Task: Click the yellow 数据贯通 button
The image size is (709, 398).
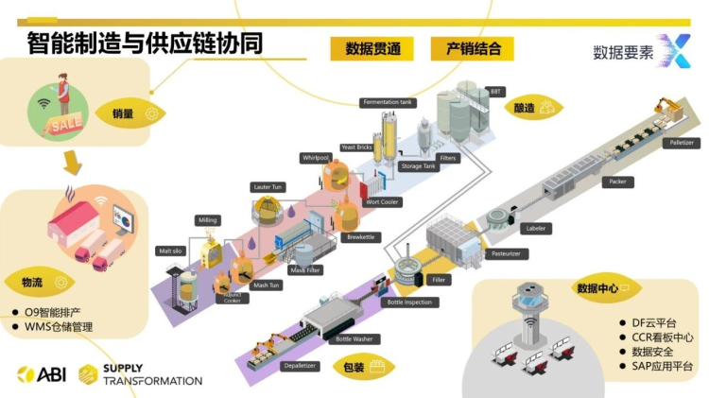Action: [372, 49]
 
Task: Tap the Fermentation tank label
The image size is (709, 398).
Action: [388, 102]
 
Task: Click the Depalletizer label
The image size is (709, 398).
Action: [302, 364]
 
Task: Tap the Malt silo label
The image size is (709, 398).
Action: [170, 251]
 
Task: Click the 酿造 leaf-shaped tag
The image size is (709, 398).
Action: [531, 108]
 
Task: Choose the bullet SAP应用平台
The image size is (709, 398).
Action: [662, 366]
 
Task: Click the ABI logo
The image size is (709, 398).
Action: [39, 374]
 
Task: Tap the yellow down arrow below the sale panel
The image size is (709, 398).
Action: [73, 163]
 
